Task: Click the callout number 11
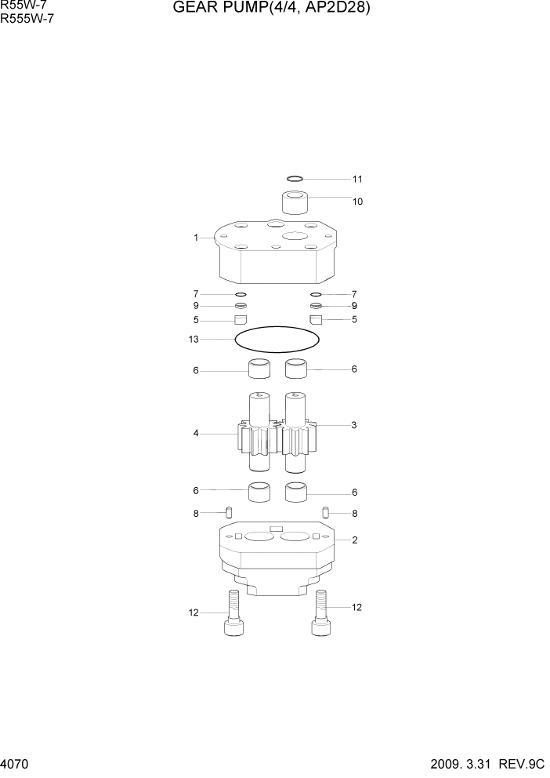pos(357,179)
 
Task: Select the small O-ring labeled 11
pos(295,179)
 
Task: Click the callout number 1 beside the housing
pos(196,238)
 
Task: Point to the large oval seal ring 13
pos(277,340)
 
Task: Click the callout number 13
pos(194,340)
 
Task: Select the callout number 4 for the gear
pos(196,432)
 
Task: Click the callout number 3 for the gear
pos(354,425)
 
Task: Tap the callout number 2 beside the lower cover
pos(355,540)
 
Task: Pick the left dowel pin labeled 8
pos(229,513)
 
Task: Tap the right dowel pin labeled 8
pos(325,513)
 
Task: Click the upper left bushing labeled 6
pos(259,368)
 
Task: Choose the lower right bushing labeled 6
pos(296,493)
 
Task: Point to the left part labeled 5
pos(241,319)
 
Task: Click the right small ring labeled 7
pos(316,294)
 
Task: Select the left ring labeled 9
pos(241,306)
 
